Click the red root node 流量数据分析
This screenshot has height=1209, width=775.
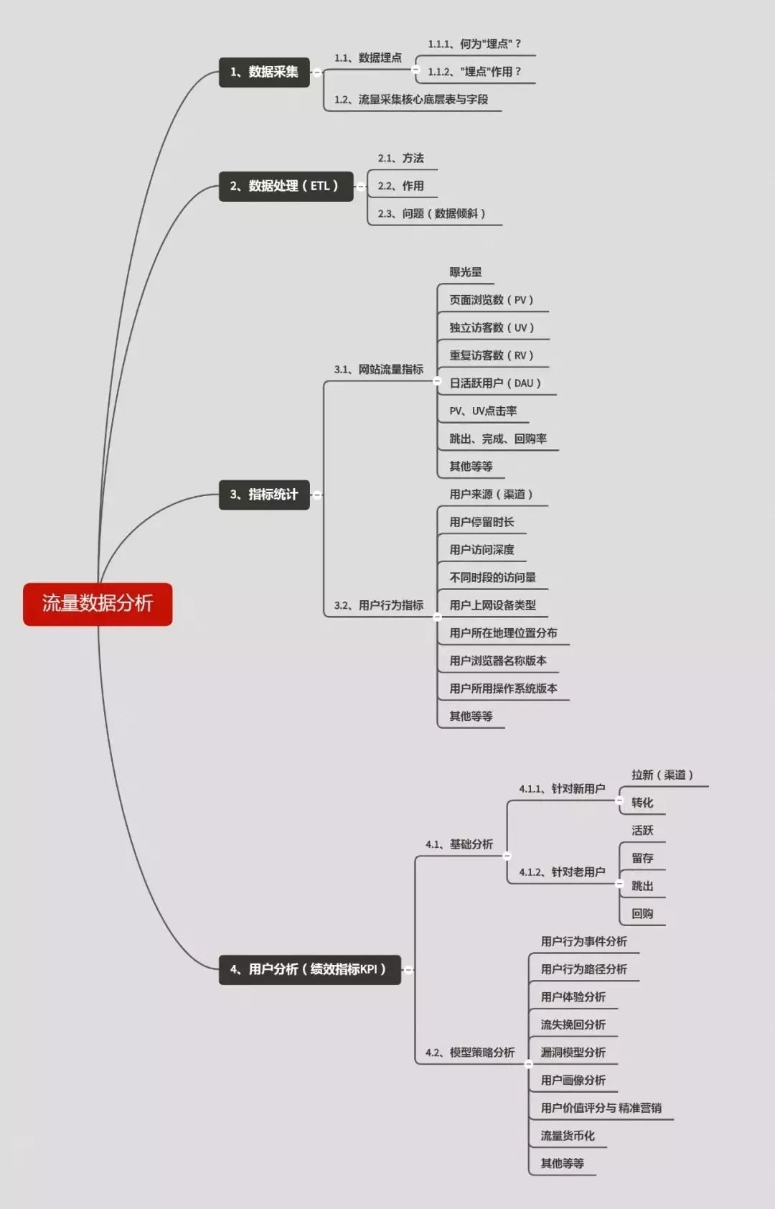[98, 604]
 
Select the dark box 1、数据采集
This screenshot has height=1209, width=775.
[264, 73]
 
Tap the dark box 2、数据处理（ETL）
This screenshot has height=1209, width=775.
[286, 186]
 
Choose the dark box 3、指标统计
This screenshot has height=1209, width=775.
[264, 495]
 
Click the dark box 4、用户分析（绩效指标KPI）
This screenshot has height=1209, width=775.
[310, 970]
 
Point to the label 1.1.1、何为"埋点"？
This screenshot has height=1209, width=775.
[474, 44]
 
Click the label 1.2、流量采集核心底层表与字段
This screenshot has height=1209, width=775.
[411, 99]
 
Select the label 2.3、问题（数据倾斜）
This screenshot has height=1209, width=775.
[431, 214]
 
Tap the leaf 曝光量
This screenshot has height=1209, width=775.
[466, 272]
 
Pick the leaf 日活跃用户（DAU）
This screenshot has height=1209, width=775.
[495, 383]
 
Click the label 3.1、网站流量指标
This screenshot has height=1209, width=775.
[379, 369]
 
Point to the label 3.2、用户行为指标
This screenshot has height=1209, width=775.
[379, 605]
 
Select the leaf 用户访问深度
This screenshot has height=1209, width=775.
[482, 549]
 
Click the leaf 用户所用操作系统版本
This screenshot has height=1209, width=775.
[503, 688]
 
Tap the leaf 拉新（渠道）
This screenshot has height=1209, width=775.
[662, 775]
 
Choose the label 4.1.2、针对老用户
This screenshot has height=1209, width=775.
[562, 872]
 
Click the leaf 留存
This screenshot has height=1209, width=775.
[642, 858]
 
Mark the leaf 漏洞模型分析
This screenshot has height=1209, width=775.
[573, 1052]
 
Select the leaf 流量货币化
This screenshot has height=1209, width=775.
[568, 1135]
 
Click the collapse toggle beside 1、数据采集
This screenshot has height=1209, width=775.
[317, 73]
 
